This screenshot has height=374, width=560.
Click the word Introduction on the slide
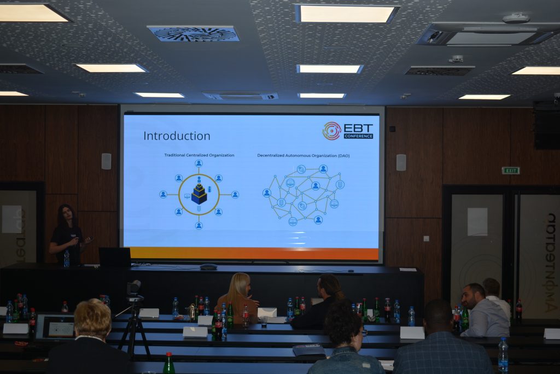(x=177, y=136)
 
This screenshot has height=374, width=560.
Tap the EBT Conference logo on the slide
(x=348, y=131)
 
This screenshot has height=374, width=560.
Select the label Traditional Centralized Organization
(x=199, y=155)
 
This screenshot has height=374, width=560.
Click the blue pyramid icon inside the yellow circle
(x=199, y=193)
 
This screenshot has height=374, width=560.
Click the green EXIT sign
(x=510, y=171)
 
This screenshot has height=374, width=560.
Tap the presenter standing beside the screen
(x=67, y=234)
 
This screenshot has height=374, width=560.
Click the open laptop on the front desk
(x=115, y=257)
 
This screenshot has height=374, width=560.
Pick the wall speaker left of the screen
(x=106, y=161)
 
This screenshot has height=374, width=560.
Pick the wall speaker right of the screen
(x=401, y=162)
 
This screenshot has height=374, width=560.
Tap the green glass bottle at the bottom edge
(x=168, y=363)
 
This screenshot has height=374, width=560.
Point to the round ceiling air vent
(x=194, y=34)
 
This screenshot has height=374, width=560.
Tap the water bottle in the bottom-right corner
(x=503, y=355)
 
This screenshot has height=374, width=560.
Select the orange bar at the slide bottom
(x=254, y=254)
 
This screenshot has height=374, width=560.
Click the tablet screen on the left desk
(x=61, y=329)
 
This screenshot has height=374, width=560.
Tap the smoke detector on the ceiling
(x=516, y=18)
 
